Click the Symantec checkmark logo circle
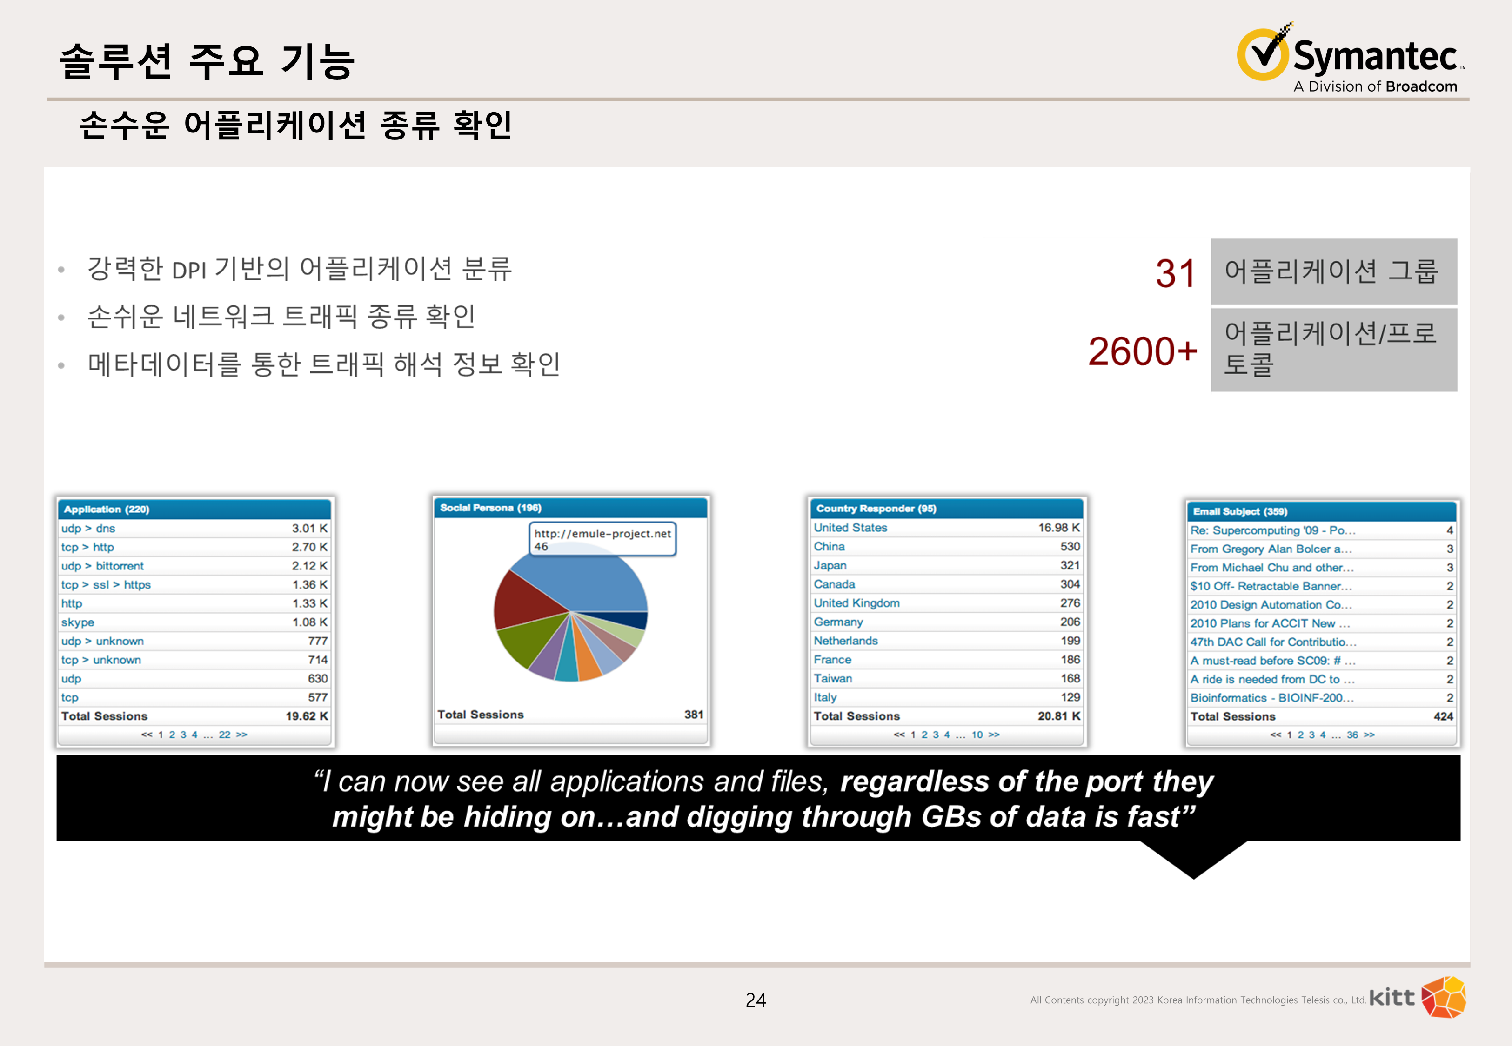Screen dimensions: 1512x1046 point(1262,54)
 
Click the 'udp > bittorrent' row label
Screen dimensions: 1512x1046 point(102,566)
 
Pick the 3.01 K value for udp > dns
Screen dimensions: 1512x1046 point(309,528)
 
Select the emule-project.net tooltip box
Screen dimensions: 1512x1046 point(602,539)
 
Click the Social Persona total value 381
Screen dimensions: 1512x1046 point(694,715)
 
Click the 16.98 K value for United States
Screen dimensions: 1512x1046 point(1059,528)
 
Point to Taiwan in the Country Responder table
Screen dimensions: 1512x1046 point(833,678)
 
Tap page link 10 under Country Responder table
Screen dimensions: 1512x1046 point(977,735)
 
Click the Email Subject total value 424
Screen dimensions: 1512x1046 point(1443,716)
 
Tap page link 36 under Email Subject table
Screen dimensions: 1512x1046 point(1352,735)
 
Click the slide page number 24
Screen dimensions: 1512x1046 point(756,1000)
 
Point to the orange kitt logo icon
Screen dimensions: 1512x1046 point(1443,997)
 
